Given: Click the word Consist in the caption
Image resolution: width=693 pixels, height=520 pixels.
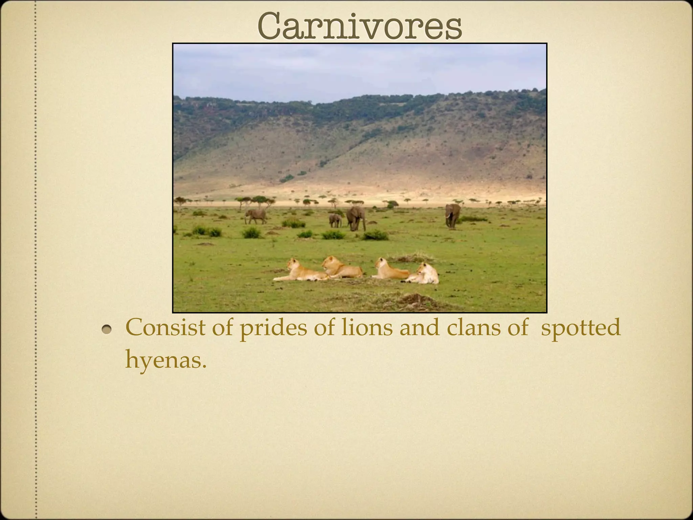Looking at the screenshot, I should click(165, 328).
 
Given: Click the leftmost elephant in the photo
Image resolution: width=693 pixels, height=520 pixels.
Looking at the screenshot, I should click(255, 216).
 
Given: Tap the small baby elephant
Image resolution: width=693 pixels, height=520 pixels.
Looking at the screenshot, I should click(335, 220).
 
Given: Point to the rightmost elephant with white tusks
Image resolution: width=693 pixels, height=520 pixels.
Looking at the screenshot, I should click(453, 214).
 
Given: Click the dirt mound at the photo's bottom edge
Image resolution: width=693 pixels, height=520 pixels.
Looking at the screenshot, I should click(415, 300).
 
